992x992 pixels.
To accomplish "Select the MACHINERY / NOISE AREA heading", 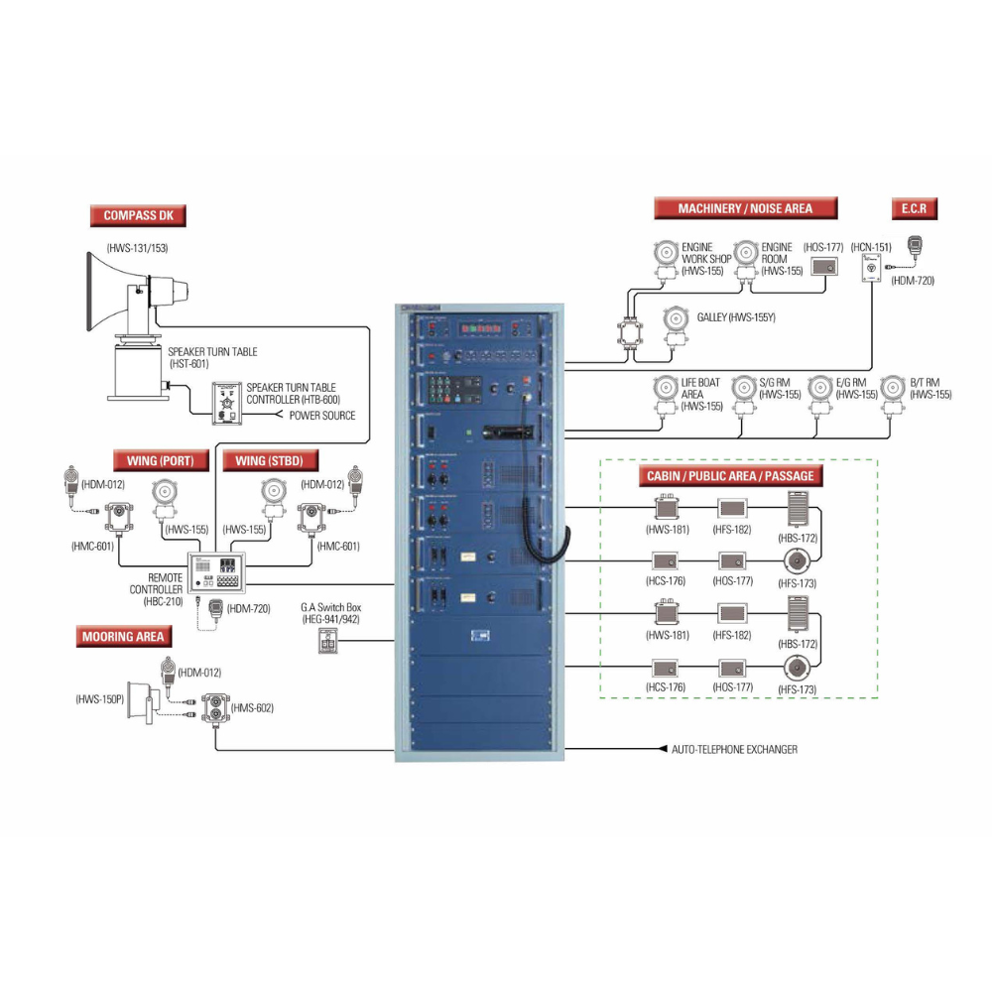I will (745, 208).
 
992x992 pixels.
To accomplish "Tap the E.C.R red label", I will (914, 208).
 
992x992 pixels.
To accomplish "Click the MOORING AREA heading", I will (123, 636).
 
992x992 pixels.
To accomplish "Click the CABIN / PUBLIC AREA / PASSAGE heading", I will (730, 476).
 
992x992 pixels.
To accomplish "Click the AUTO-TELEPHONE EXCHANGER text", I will (734, 749).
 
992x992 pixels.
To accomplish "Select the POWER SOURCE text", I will (322, 415).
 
